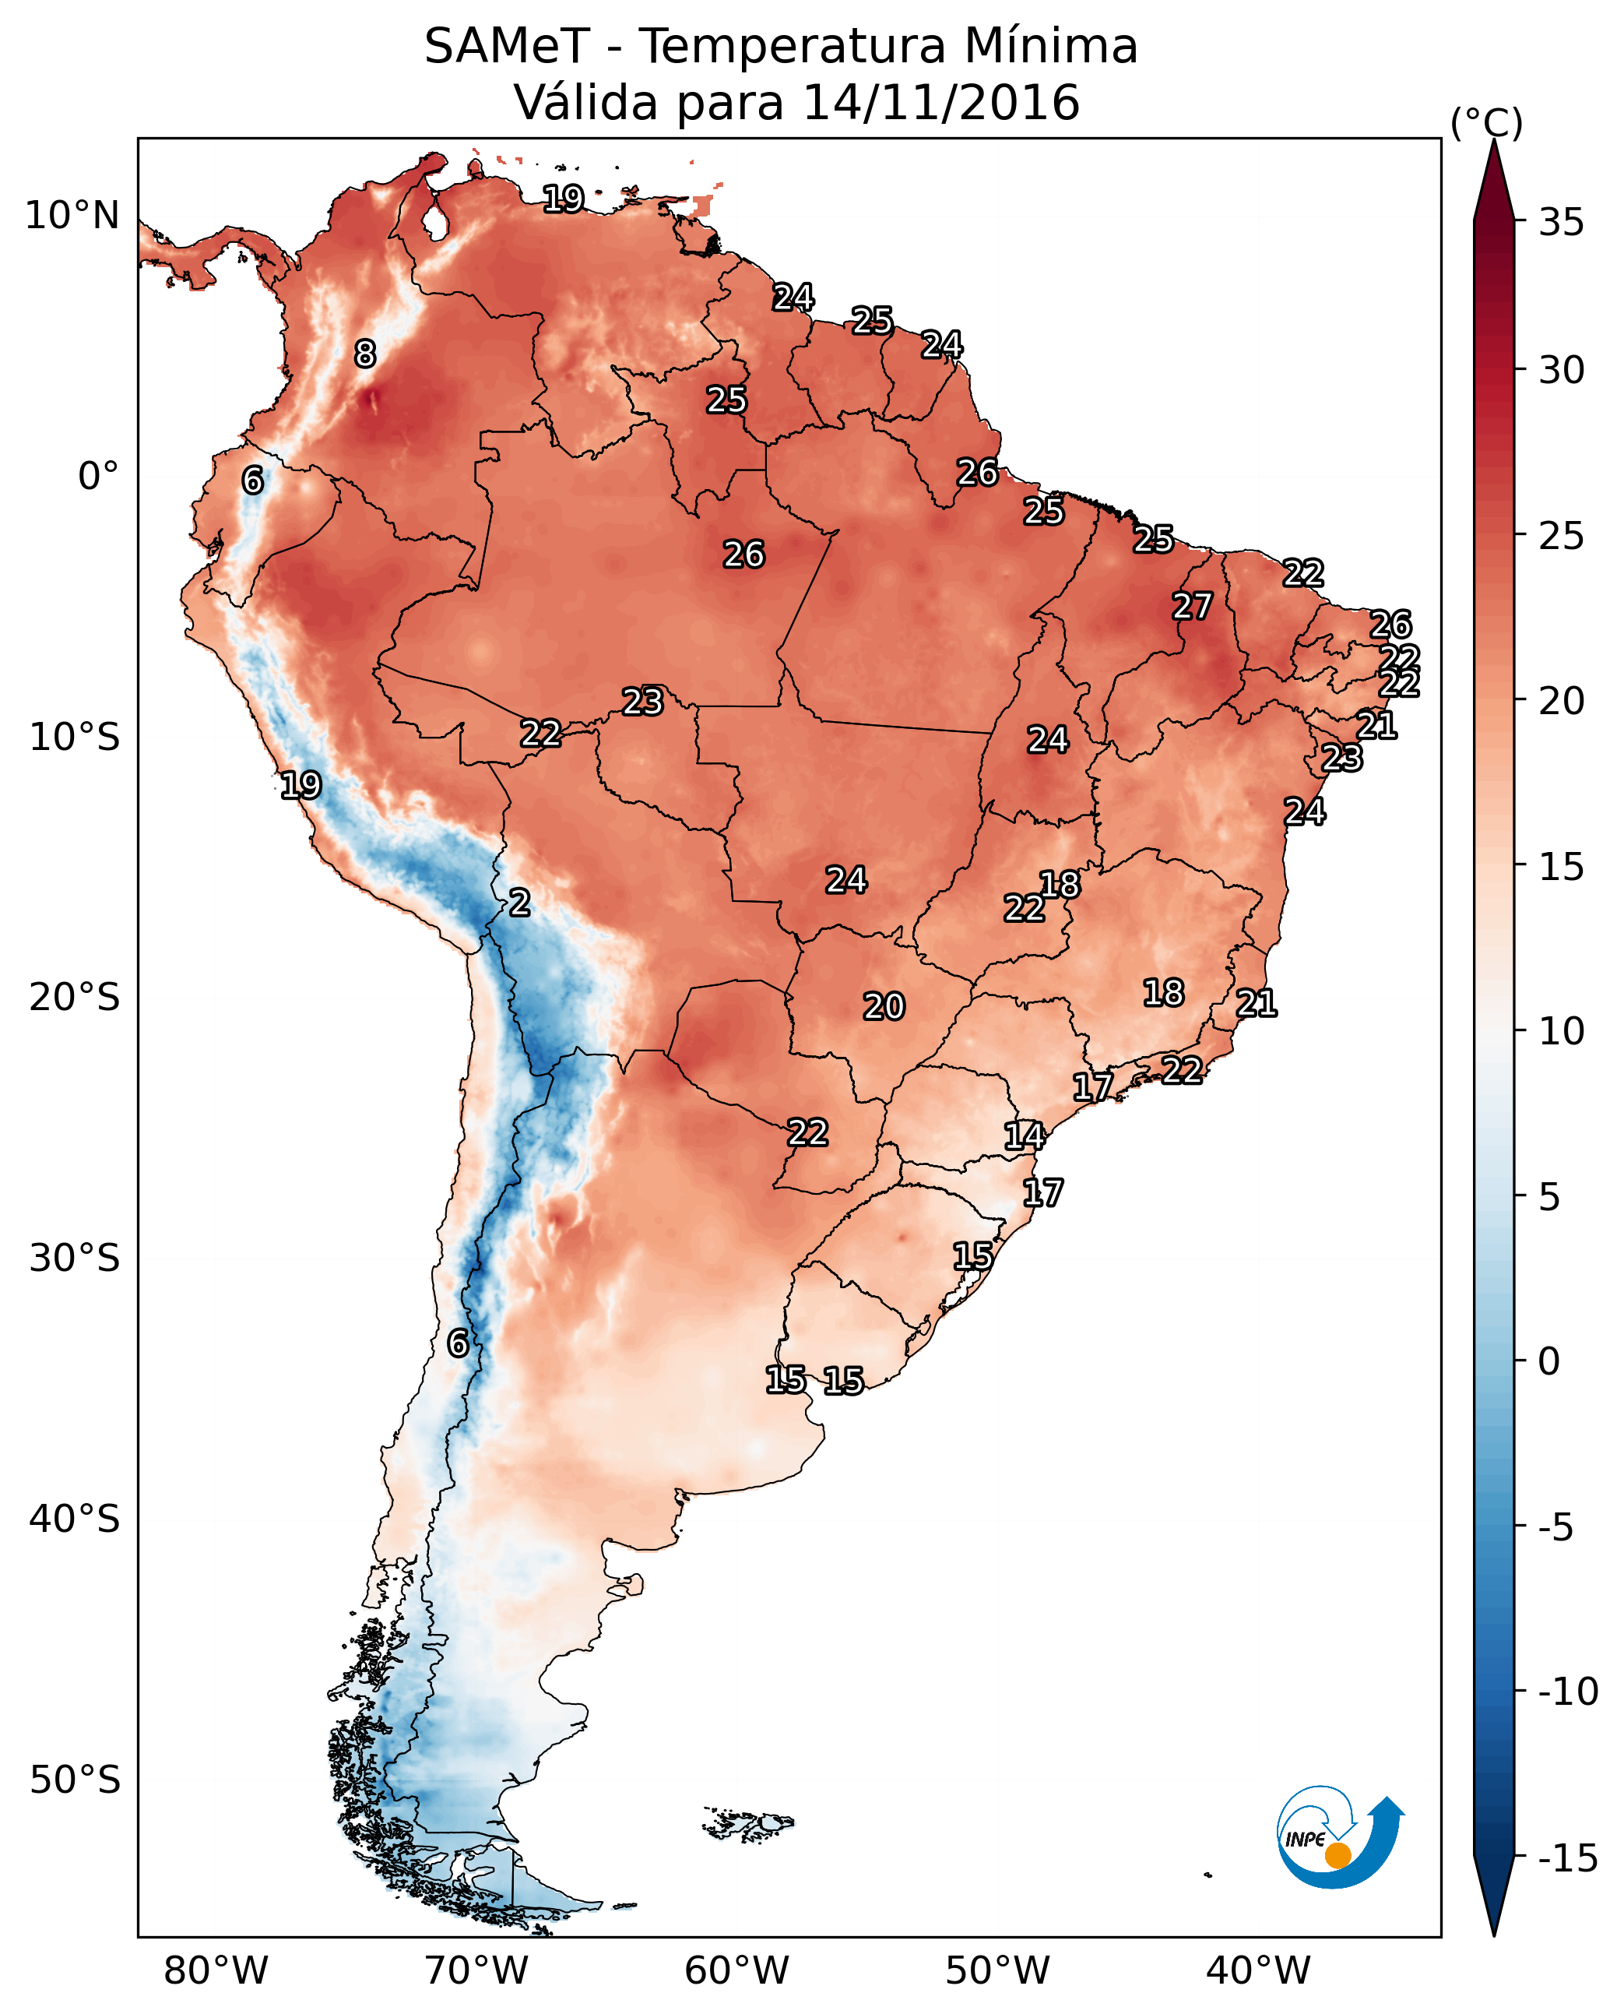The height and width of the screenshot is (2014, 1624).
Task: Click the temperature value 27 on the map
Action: coord(1192,607)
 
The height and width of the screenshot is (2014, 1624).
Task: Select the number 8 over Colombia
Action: coord(365,354)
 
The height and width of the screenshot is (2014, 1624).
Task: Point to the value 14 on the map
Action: coord(1025,1136)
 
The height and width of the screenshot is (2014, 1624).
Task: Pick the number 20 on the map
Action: coord(883,1007)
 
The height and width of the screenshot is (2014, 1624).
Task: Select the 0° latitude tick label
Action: coord(98,477)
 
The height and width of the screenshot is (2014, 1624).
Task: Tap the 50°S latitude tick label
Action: coord(75,1779)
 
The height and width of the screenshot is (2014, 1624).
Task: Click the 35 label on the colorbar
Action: coord(1561,223)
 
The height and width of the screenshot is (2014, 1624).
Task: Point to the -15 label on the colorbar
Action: coord(1568,1859)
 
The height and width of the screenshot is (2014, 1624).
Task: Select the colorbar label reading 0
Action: coord(1549,1361)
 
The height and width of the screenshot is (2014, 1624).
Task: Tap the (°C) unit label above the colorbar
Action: coord(1486,122)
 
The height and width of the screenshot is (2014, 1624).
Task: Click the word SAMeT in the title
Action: coord(507,47)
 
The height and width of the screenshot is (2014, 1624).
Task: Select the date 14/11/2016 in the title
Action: coord(941,103)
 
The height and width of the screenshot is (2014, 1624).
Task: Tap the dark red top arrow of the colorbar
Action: coord(1494,182)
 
